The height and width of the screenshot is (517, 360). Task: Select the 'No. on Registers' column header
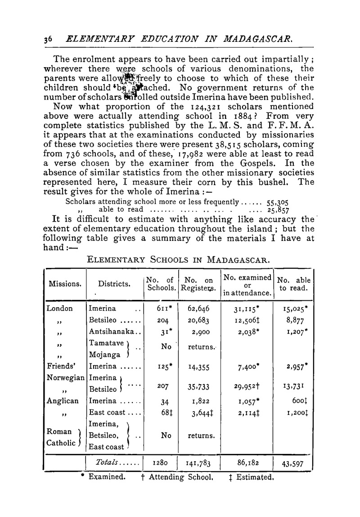click(198, 284)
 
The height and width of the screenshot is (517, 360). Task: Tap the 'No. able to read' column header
click(293, 284)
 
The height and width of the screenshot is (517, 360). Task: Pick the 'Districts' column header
click(113, 284)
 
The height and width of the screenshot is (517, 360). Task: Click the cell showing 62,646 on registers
click(198, 309)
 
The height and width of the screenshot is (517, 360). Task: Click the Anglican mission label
click(63, 400)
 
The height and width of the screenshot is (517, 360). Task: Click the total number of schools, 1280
click(160, 463)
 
